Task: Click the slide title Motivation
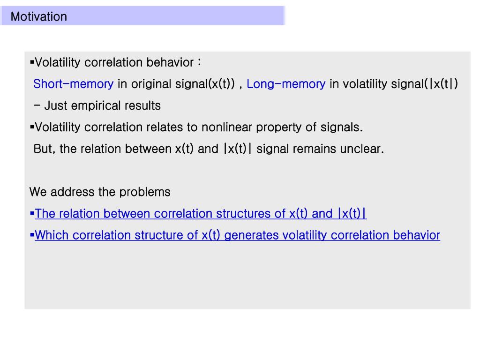pos(39,17)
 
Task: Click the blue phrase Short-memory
pos(73,84)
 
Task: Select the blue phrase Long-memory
pos(286,84)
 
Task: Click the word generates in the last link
pos(251,235)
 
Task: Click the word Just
pos(56,106)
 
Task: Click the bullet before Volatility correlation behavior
pos(32,62)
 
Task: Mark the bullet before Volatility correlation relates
pos(32,127)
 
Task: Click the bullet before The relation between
pos(32,213)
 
